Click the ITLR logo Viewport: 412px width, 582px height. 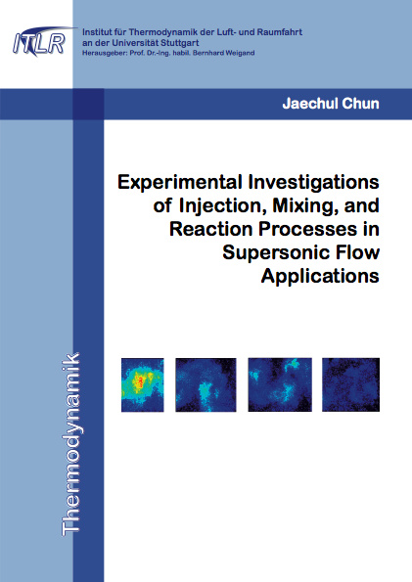41,41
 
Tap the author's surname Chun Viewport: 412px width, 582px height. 360,104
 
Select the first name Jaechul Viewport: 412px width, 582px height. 310,104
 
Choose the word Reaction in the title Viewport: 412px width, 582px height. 211,229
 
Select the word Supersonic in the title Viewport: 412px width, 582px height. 274,252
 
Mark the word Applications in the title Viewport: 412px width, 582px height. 320,276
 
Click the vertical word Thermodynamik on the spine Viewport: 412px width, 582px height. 70,444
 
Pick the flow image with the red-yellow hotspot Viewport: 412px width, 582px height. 143,384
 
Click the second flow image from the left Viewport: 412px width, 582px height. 206,384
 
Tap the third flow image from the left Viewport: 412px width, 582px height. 280,384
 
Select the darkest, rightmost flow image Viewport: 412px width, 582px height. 350,384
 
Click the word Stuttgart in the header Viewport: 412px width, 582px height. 181,43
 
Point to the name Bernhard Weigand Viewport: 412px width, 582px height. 224,53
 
